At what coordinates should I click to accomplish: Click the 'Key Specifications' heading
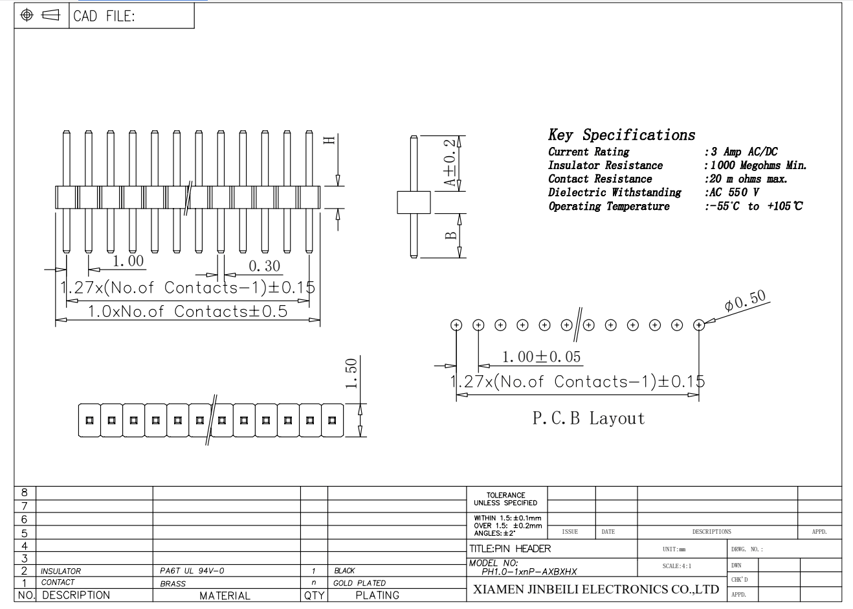pyautogui.click(x=621, y=135)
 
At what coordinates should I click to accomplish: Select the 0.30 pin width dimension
pyautogui.click(x=264, y=266)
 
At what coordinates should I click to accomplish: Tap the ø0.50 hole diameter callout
pyautogui.click(x=745, y=301)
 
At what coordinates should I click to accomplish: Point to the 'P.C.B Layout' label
pyautogui.click(x=588, y=418)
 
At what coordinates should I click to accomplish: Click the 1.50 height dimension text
pyautogui.click(x=351, y=373)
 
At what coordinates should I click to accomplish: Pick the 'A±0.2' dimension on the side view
pyautogui.click(x=450, y=163)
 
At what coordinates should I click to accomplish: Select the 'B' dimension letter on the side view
pyautogui.click(x=450, y=235)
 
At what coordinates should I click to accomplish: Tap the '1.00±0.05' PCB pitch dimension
pyautogui.click(x=541, y=357)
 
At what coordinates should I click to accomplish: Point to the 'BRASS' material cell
pyautogui.click(x=173, y=584)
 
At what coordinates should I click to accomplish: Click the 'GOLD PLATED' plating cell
pyautogui.click(x=359, y=582)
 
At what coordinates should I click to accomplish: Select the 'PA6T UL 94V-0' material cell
pyautogui.click(x=192, y=571)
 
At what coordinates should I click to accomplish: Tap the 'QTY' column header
pyautogui.click(x=314, y=595)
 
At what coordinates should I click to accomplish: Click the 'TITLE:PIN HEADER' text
pyautogui.click(x=510, y=548)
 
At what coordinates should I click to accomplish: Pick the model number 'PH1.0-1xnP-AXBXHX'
pyautogui.click(x=529, y=571)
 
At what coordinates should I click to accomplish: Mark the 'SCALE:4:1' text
pyautogui.click(x=677, y=566)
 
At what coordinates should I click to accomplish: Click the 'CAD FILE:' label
pyautogui.click(x=104, y=16)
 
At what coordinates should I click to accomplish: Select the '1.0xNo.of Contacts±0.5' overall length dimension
pyautogui.click(x=188, y=312)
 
